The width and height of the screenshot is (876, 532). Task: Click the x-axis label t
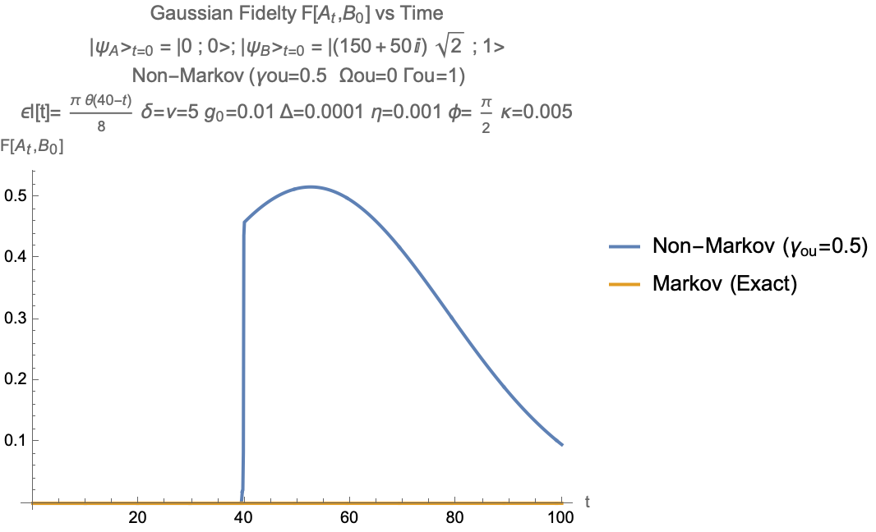point(588,500)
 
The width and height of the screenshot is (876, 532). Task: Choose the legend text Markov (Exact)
point(726,284)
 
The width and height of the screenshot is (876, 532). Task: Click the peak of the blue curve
point(311,186)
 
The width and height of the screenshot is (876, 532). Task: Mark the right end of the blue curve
point(562,445)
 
